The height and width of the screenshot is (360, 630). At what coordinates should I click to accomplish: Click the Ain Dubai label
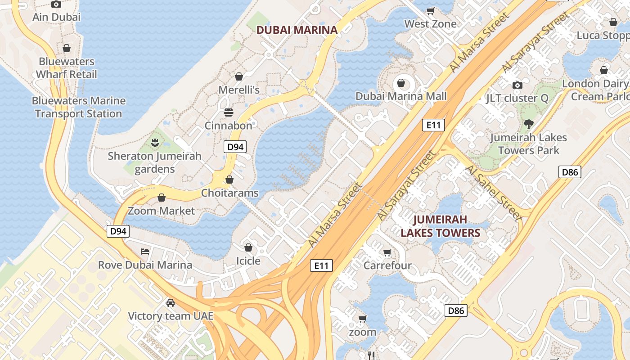(56, 17)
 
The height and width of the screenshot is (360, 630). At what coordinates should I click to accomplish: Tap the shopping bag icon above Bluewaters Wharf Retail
(67, 48)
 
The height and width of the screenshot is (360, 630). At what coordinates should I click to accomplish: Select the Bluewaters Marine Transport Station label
(79, 107)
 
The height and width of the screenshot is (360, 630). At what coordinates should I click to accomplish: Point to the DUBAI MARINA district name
(297, 30)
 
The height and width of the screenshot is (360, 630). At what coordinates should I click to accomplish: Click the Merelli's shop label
(239, 90)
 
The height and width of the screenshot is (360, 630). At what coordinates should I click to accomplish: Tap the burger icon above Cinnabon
(229, 112)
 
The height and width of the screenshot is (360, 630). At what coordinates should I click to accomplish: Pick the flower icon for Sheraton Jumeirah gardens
(155, 143)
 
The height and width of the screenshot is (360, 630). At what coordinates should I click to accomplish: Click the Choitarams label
(229, 193)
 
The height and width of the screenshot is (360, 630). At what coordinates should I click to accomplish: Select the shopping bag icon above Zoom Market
(162, 198)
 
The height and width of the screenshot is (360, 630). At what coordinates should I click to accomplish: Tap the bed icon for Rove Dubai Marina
(144, 251)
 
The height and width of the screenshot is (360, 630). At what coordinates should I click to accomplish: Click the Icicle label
(248, 261)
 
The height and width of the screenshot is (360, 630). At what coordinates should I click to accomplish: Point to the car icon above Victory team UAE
(171, 302)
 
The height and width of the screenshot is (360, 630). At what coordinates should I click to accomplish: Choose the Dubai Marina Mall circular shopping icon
(400, 83)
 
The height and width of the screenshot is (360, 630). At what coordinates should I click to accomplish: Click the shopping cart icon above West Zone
(430, 11)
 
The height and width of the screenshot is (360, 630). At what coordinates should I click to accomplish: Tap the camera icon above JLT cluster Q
(517, 85)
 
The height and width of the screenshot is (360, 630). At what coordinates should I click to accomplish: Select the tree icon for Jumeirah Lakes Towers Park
(529, 124)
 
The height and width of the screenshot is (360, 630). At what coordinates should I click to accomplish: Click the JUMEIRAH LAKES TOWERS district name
(441, 226)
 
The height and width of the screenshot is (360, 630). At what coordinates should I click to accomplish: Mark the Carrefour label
(387, 265)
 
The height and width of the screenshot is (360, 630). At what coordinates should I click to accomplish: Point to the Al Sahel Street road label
(494, 193)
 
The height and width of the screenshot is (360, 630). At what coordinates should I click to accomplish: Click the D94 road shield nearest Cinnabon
(235, 147)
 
